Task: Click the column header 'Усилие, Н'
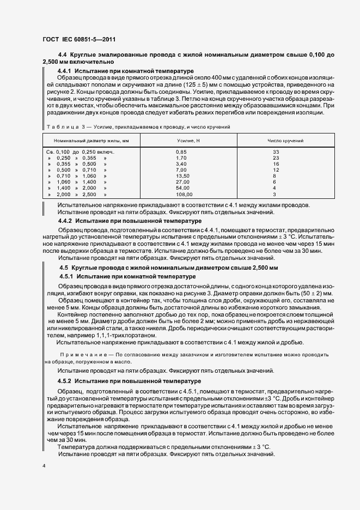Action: point(181,141)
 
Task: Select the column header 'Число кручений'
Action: point(285,141)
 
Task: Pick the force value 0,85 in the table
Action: point(181,151)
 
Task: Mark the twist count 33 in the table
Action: point(276,151)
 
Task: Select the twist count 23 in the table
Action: point(276,157)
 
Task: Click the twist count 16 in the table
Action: point(276,163)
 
